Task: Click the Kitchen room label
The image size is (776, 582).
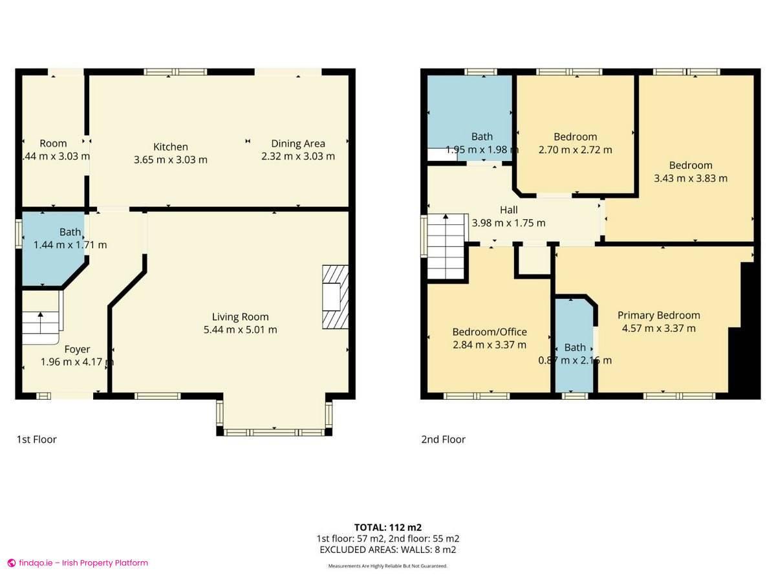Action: (170, 147)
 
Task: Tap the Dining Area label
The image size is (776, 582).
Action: (297, 144)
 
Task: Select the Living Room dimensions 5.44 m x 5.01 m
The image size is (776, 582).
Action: (240, 329)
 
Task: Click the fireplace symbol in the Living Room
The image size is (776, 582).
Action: (335, 297)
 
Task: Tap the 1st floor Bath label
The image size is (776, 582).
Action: (70, 232)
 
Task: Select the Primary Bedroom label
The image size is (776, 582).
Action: (658, 316)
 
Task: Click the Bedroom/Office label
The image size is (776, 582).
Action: (489, 332)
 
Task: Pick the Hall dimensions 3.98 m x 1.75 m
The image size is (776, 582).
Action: (508, 223)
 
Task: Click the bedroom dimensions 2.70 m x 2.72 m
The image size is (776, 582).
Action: (575, 149)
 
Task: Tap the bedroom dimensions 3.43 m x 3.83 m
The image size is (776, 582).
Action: (690, 178)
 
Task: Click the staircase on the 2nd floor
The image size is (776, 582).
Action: (446, 246)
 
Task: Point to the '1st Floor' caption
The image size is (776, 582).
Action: (37, 440)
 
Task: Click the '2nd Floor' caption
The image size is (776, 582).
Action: (443, 440)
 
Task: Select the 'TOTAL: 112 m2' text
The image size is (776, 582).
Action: (388, 527)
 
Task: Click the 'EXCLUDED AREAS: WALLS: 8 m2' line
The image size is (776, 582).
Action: (388, 550)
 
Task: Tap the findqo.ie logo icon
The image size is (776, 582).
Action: (11, 563)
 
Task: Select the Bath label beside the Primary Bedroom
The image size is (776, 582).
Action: (574, 348)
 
